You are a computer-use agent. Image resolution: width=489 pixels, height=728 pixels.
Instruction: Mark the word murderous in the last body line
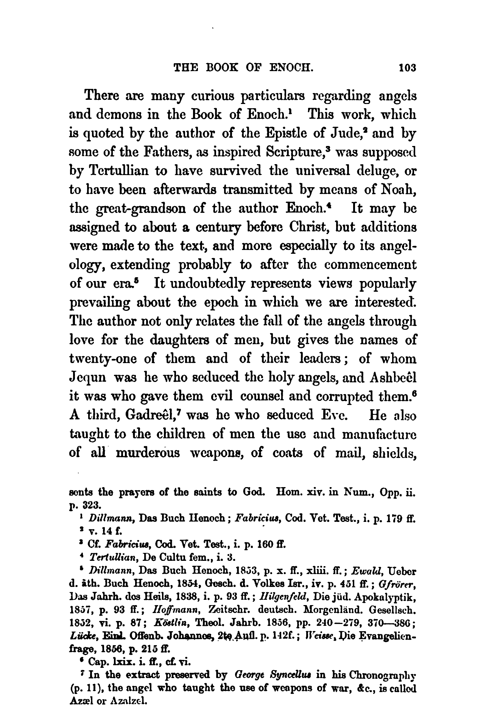tap(148, 453)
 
